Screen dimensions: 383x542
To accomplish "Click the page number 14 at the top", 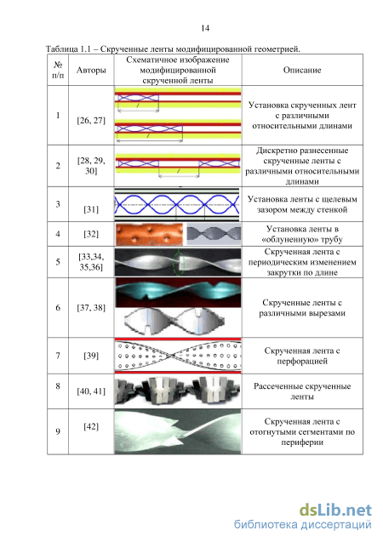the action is point(205,28).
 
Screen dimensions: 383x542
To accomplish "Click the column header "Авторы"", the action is point(91,70).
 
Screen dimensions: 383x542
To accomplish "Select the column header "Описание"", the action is point(302,70).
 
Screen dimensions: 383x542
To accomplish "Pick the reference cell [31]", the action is point(91,209).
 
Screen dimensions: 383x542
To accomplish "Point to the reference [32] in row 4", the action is point(91,234).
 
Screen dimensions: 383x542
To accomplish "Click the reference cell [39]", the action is point(91,356).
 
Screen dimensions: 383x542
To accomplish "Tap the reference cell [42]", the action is point(91,426).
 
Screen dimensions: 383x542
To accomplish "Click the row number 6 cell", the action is point(58,308).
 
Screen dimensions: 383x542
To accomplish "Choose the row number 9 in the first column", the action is point(58,431).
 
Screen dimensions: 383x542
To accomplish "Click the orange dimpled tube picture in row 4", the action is point(149,234).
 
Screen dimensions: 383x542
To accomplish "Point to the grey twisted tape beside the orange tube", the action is point(214,234).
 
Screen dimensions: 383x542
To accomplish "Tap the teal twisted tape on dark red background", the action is point(178,293).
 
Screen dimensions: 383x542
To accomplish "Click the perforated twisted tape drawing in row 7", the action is point(178,356).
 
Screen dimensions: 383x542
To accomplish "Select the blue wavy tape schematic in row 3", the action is point(177,204).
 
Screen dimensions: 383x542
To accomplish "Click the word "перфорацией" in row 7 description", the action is point(302,362).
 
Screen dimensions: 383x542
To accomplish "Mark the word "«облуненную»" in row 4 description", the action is point(283,240).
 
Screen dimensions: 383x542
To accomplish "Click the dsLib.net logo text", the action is point(335,510).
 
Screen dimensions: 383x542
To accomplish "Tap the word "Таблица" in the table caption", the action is point(62,49).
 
